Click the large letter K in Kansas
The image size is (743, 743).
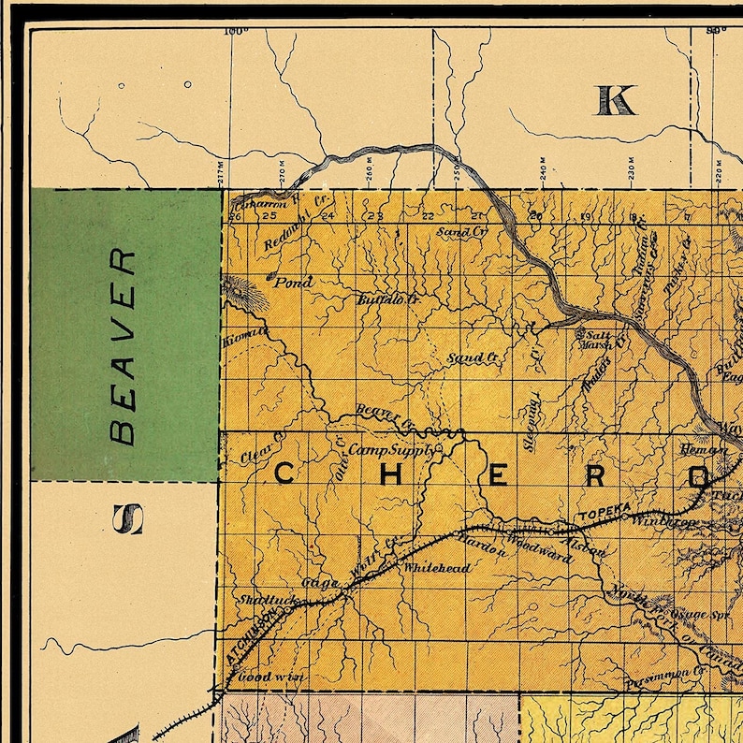pyautogui.click(x=615, y=99)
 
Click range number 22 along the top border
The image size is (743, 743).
pyautogui.click(x=428, y=216)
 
